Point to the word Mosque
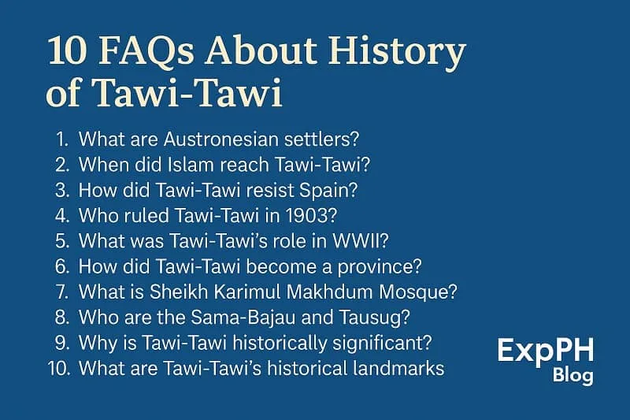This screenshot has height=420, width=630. coord(417,292)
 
